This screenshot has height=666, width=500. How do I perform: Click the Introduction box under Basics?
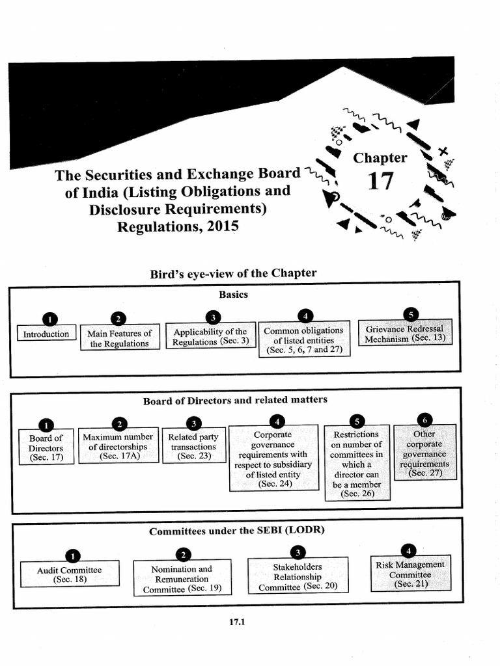(x=46, y=333)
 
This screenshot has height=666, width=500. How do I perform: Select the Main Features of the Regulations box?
(x=120, y=338)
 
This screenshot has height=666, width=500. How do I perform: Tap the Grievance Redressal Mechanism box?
(x=405, y=332)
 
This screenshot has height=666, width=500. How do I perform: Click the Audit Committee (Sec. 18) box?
(x=70, y=574)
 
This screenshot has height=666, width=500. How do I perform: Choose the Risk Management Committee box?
(x=411, y=573)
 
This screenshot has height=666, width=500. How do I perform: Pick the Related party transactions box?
(x=194, y=445)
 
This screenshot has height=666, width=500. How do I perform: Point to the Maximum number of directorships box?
(x=118, y=446)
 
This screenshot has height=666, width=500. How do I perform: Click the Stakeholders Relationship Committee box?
(x=298, y=575)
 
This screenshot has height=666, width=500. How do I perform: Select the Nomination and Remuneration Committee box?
(x=182, y=578)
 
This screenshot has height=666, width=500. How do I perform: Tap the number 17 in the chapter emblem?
(x=380, y=181)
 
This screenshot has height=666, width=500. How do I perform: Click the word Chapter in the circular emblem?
(x=380, y=157)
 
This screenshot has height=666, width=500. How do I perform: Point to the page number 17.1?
(x=237, y=622)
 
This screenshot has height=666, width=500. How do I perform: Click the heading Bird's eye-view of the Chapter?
(x=233, y=273)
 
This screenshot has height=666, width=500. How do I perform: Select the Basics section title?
(x=234, y=295)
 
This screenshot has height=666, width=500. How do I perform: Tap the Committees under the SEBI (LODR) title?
(x=237, y=531)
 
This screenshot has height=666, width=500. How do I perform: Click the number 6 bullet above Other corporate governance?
(x=424, y=420)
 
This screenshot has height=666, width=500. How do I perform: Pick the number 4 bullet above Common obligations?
(x=305, y=316)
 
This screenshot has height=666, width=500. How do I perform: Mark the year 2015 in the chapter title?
(x=223, y=226)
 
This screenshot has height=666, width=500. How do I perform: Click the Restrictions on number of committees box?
(x=357, y=463)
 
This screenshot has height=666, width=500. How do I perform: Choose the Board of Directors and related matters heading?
(x=235, y=400)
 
